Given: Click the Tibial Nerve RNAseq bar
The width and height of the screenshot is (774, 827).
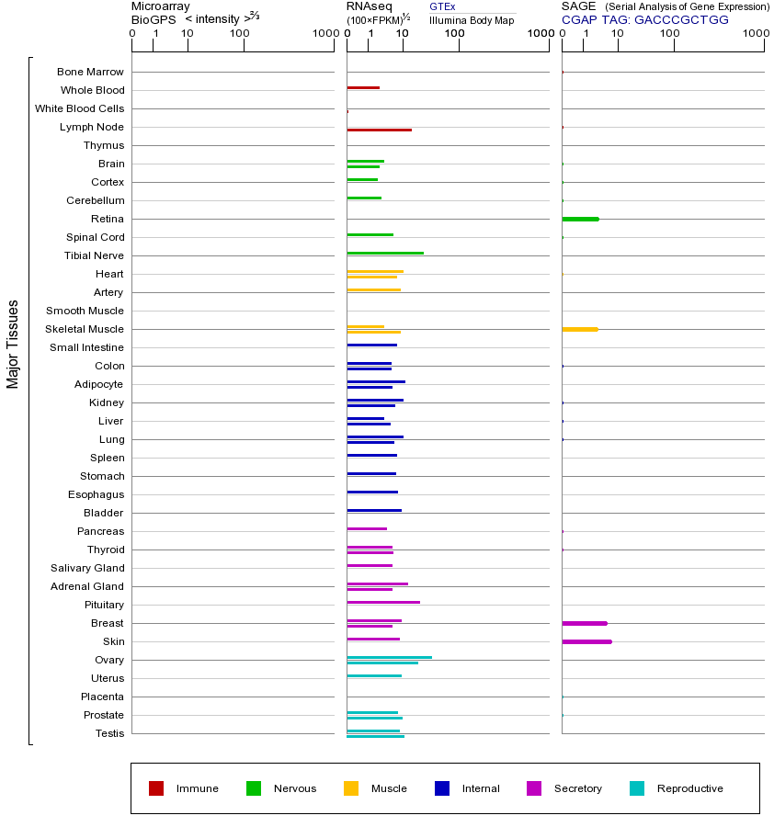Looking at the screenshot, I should click(x=385, y=253).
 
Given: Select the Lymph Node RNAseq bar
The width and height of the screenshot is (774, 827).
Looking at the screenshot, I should click(x=379, y=130).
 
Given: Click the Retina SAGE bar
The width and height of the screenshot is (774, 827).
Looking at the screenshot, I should click(x=580, y=219).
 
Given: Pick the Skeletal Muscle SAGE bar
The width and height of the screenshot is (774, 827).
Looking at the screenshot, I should click(x=579, y=329).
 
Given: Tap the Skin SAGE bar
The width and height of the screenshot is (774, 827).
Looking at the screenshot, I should click(x=586, y=641).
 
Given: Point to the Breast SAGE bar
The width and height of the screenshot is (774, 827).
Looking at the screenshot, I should click(x=585, y=623).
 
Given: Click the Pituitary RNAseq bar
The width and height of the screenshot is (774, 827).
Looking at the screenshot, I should click(x=383, y=602).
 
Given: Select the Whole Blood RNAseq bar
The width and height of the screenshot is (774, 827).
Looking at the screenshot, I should click(x=363, y=87).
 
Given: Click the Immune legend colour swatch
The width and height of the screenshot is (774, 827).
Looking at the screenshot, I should click(x=156, y=788).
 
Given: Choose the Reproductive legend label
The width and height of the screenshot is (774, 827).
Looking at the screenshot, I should click(x=689, y=788).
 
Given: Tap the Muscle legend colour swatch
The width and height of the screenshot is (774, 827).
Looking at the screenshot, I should click(x=351, y=788).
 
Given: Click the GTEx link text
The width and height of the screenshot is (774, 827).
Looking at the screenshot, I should click(x=442, y=7).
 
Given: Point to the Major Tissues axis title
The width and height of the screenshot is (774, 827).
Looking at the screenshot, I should click(x=13, y=344).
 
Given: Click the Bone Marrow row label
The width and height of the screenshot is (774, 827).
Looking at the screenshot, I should click(x=90, y=72).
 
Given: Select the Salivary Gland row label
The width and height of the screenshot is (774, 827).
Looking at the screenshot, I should click(x=90, y=568).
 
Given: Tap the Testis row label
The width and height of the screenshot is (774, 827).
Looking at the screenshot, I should click(x=109, y=733).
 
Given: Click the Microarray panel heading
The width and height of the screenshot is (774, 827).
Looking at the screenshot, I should click(x=160, y=6).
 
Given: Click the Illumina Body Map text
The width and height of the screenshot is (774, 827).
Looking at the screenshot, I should click(x=472, y=19).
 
